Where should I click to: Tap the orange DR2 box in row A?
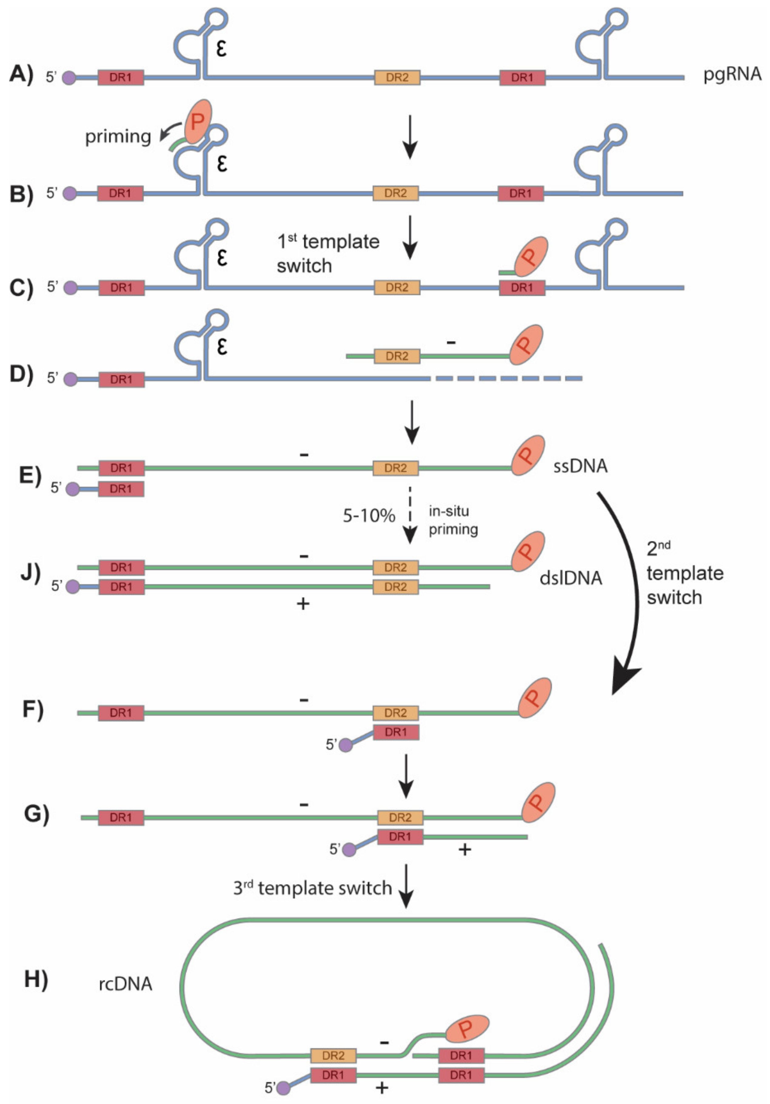pyautogui.click(x=397, y=77)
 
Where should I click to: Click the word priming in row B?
pyautogui.click(x=118, y=137)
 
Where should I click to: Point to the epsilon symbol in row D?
pyautogui.click(x=221, y=346)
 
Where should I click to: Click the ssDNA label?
pyautogui.click(x=580, y=466)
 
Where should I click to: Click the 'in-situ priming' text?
pyautogui.click(x=453, y=520)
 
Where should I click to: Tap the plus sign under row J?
pyautogui.click(x=303, y=604)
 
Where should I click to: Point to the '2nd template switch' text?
pyautogui.click(x=684, y=574)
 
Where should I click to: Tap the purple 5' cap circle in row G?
pyautogui.click(x=349, y=850)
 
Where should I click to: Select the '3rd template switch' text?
pyautogui.click(x=313, y=888)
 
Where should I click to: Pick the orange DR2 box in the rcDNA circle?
pyautogui.click(x=333, y=1056)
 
